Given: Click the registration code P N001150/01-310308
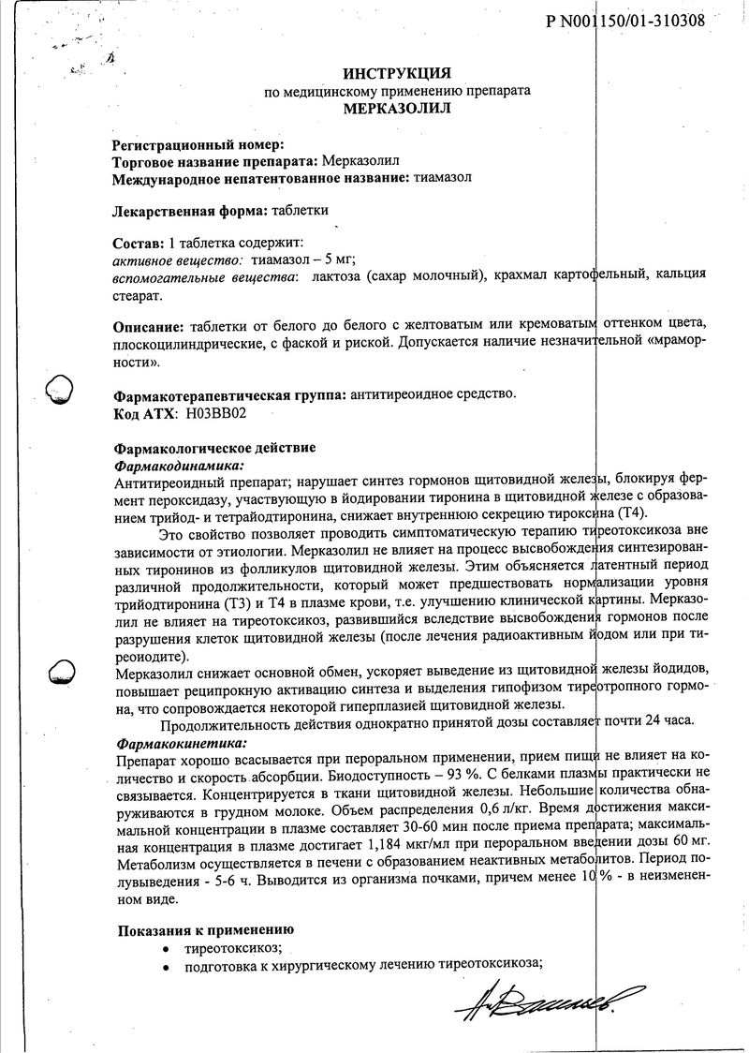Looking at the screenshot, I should pyautogui.click(x=624, y=22).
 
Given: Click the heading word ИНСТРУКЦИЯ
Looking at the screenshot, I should pyautogui.click(x=397, y=73).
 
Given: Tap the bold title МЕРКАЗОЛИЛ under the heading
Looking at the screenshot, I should pyautogui.click(x=397, y=109).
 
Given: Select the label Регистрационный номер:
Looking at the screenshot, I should pyautogui.click(x=198, y=145).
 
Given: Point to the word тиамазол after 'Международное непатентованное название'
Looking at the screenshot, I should pyautogui.click(x=442, y=178).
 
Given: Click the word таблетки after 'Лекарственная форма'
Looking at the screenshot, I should pyautogui.click(x=301, y=210).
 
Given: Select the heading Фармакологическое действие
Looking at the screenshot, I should pyautogui.click(x=214, y=448).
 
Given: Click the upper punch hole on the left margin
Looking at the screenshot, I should pyautogui.click(x=61, y=386).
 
